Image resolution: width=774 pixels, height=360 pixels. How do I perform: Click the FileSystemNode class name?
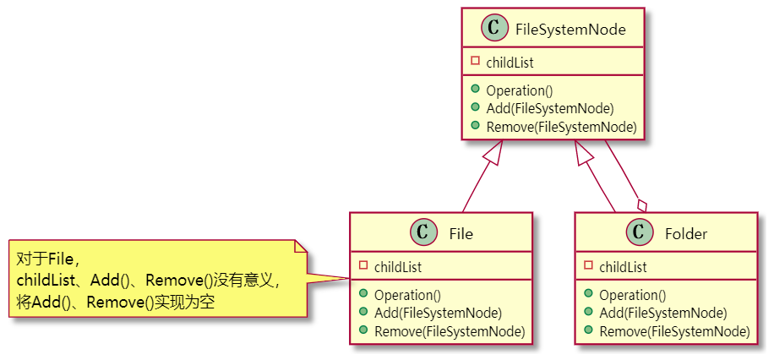point(570,30)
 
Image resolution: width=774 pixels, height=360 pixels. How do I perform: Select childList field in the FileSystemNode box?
point(510,63)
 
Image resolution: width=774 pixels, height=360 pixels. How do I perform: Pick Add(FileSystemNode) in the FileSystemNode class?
point(549,109)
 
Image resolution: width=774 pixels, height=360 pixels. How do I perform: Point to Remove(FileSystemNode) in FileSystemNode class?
point(561,128)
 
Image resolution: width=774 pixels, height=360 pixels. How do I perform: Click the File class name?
point(461,234)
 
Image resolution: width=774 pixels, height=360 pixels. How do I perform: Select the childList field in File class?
point(397,267)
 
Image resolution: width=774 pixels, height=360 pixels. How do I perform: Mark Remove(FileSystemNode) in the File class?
point(449,331)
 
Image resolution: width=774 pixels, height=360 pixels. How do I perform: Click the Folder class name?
point(686,234)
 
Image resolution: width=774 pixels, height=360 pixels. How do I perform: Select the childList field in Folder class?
point(623,267)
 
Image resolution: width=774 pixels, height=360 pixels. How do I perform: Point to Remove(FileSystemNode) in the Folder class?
point(674,331)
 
